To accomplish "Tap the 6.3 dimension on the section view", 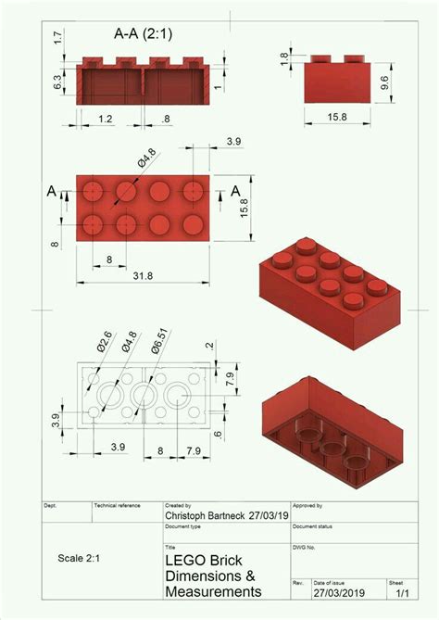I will click(x=58, y=82).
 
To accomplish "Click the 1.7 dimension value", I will click(x=57, y=39).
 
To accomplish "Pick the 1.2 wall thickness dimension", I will click(x=106, y=120).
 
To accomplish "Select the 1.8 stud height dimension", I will click(x=285, y=58).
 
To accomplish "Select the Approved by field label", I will click(x=308, y=505).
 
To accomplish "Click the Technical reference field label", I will click(x=118, y=505).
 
